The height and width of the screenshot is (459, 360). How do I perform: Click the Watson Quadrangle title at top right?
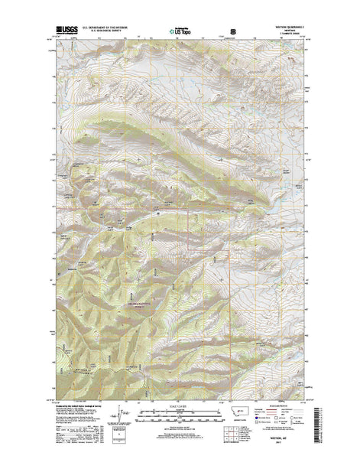pos(290,27)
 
